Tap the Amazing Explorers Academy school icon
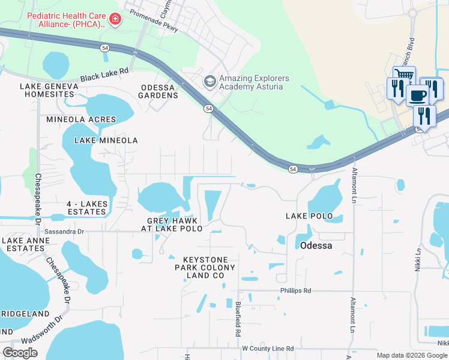209,80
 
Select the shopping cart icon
404,76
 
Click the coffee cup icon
417,95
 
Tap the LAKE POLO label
309,215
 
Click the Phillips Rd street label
295,290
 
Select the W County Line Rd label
268,349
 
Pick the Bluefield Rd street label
238,319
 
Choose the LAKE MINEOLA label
106,140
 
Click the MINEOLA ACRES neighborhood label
81,119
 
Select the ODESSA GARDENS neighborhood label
158,91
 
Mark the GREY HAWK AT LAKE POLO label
172,224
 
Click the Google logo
20,353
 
